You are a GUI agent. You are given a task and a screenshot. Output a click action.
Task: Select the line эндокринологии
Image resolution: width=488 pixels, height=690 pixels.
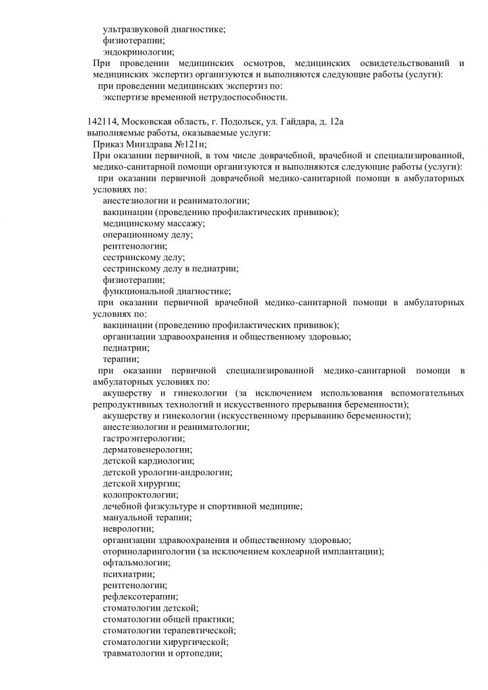click(138, 52)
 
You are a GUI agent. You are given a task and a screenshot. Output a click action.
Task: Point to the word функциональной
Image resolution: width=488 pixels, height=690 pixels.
click(137, 291)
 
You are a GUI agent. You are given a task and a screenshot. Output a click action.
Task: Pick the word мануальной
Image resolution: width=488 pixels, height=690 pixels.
click(128, 517)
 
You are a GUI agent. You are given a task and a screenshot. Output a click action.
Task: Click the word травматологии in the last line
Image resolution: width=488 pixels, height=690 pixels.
click(134, 654)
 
